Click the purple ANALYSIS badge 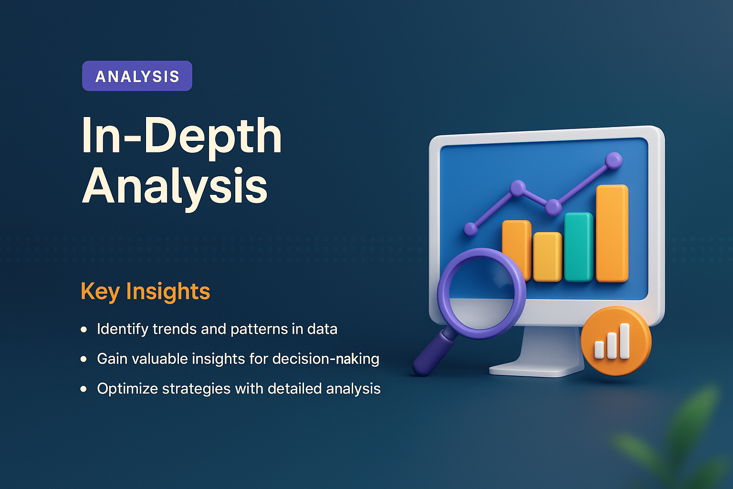pyautogui.click(x=137, y=76)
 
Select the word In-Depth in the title pyautogui.click(x=181, y=136)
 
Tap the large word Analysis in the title pyautogui.click(x=175, y=186)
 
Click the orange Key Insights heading pyautogui.click(x=145, y=291)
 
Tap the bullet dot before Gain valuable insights pyautogui.click(x=84, y=359)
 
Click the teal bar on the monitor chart pyautogui.click(x=578, y=247)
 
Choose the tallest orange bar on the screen pyautogui.click(x=612, y=233)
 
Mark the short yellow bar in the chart pyautogui.click(x=547, y=256)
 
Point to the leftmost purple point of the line pyautogui.click(x=471, y=229)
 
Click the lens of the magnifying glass pyautogui.click(x=481, y=293)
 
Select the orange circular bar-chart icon pyautogui.click(x=616, y=341)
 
